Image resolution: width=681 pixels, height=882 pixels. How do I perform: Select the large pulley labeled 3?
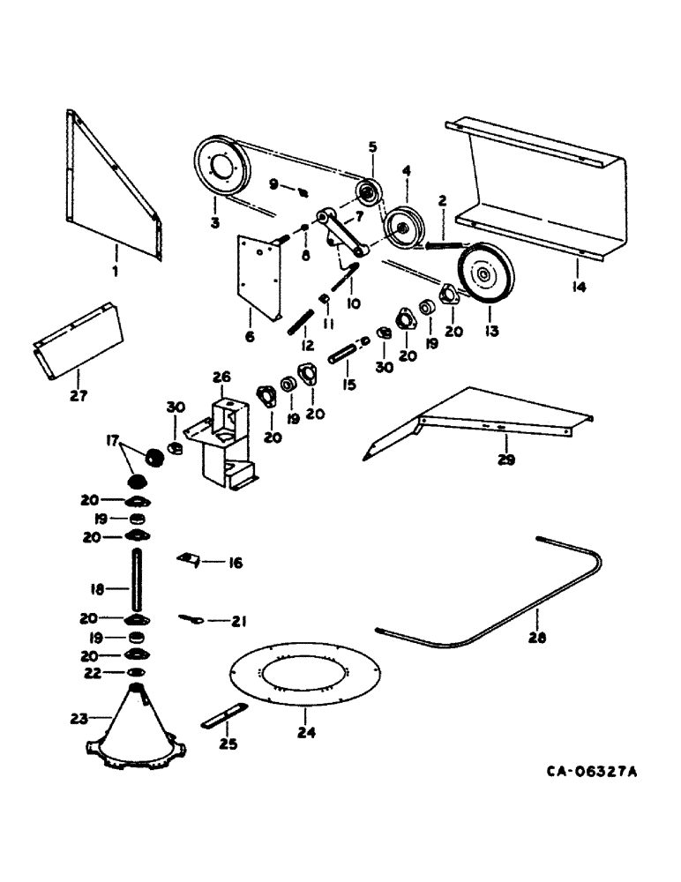click(x=221, y=166)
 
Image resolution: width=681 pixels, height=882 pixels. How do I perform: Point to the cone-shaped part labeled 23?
click(x=133, y=728)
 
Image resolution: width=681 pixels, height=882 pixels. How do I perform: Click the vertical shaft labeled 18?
click(x=138, y=579)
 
